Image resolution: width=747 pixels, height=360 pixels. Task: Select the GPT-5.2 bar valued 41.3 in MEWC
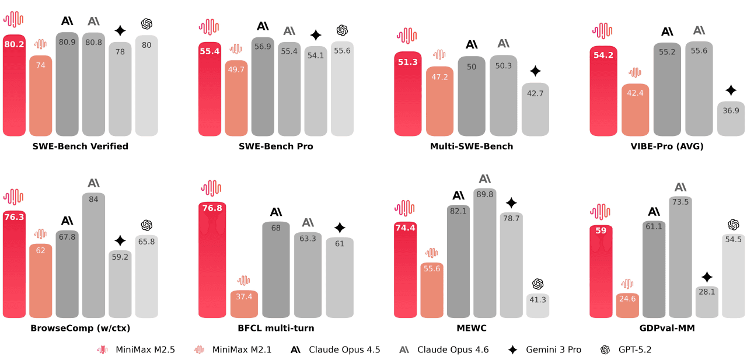point(537,306)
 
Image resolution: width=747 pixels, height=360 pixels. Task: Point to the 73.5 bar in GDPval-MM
point(680,257)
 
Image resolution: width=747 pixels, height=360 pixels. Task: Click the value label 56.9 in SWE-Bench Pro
point(263,47)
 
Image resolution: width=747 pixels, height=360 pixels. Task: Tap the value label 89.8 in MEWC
point(485,194)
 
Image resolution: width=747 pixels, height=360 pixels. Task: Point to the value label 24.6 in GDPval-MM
point(627,299)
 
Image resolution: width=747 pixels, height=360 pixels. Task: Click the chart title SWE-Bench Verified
point(81,146)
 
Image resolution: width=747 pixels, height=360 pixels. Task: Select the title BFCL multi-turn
point(276,328)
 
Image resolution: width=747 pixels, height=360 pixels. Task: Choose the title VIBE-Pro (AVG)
point(667,146)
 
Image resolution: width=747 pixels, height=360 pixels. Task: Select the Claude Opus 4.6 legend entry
point(444,349)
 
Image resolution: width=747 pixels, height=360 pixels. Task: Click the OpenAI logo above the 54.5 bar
point(734,225)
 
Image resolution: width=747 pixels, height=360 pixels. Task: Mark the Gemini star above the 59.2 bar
point(120,240)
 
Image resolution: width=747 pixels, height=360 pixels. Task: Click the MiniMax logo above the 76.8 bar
point(211,188)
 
